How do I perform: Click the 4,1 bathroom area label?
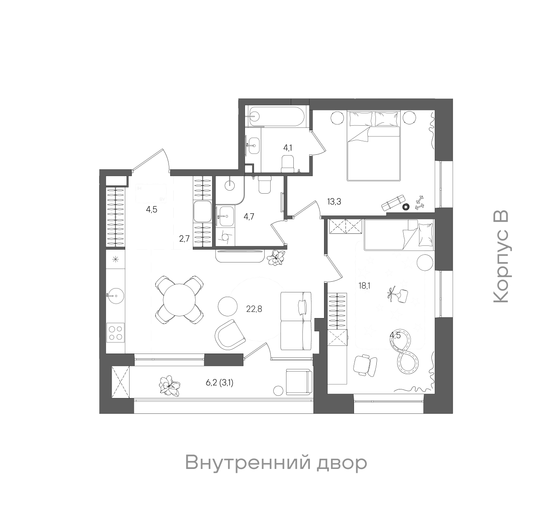(x=288, y=148)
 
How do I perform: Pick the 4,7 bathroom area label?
(x=249, y=216)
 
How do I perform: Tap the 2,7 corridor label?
(x=184, y=239)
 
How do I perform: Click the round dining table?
(x=180, y=300)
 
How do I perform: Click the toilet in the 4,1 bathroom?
(x=288, y=164)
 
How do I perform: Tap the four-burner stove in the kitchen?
(x=115, y=333)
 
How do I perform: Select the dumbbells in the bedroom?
(x=419, y=202)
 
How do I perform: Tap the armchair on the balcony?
(x=299, y=382)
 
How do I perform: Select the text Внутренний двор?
(x=276, y=463)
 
